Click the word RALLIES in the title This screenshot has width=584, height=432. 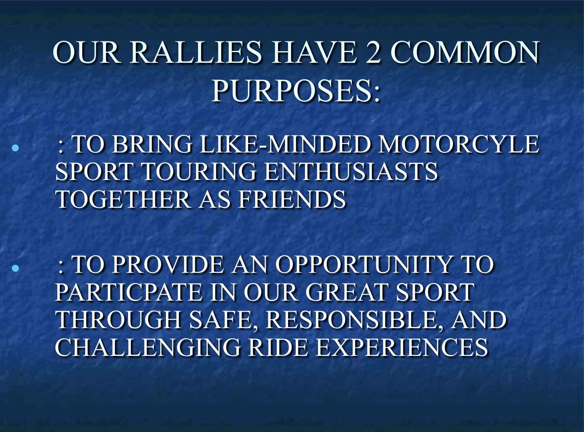195,52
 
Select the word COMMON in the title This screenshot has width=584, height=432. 465,52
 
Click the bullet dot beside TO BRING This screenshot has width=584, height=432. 15,148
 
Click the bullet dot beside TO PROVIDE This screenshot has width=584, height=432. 15,268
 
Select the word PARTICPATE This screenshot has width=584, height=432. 129,292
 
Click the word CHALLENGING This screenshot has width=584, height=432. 148,347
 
